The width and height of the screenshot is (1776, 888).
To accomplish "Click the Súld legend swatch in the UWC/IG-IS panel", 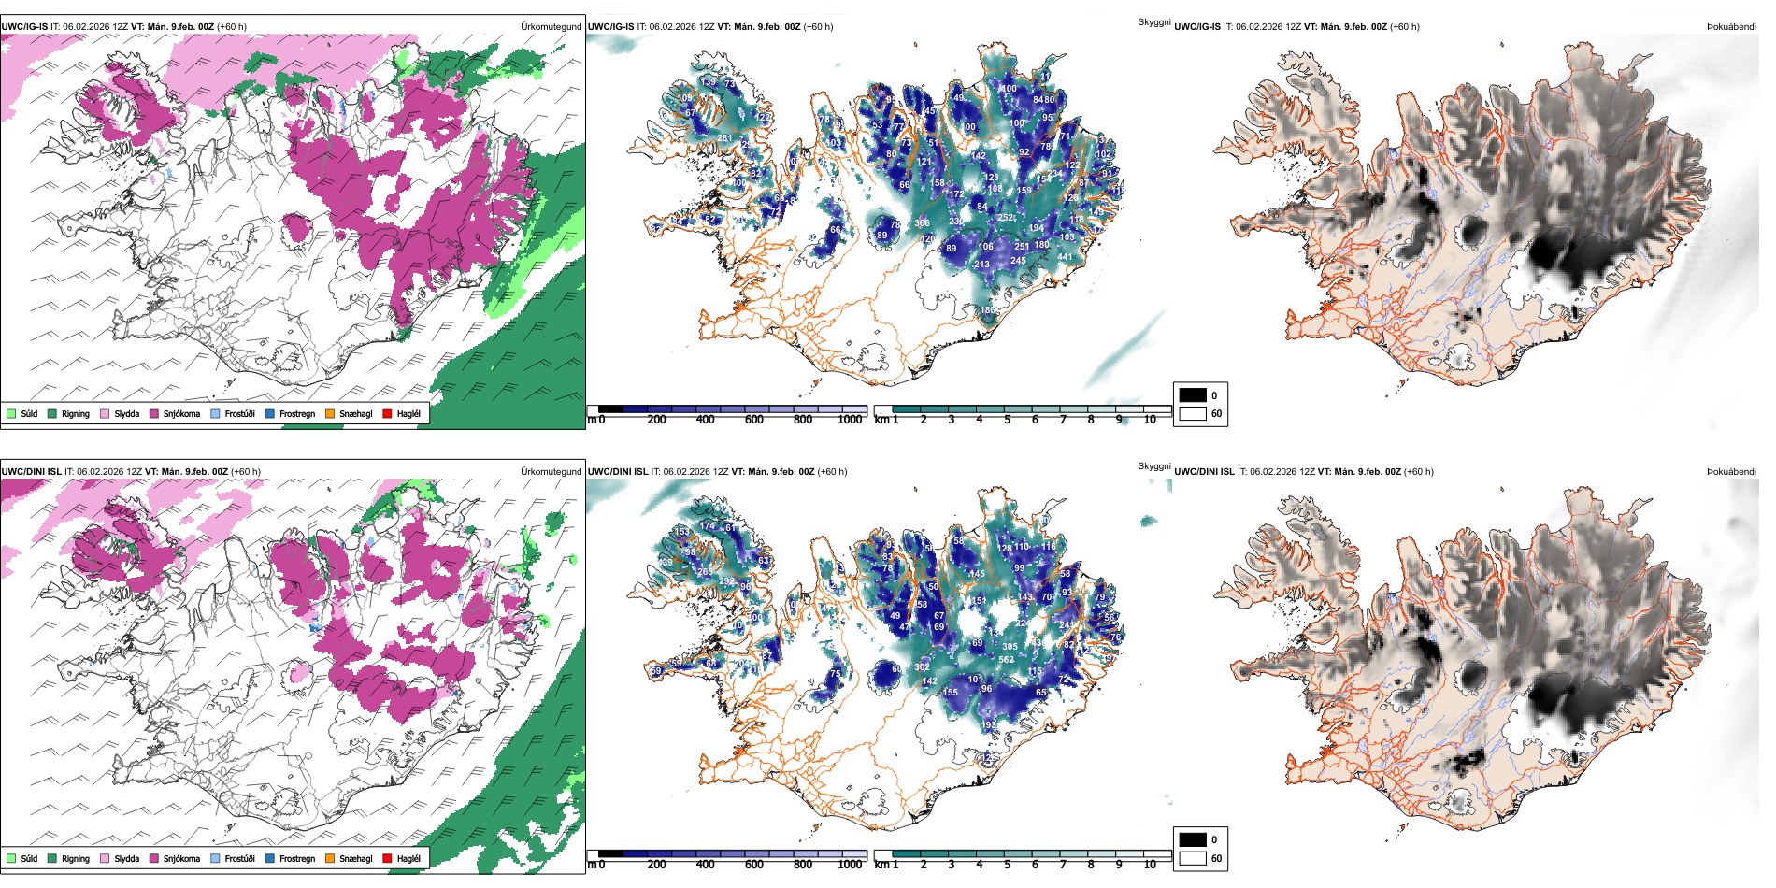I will tap(11, 413).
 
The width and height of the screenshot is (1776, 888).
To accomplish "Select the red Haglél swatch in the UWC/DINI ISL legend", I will tap(388, 858).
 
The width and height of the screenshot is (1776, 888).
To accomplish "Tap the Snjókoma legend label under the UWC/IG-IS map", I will tap(181, 413).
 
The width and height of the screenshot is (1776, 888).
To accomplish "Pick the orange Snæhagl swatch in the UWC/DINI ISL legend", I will tap(330, 858).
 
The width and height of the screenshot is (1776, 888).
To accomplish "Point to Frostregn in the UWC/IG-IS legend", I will tap(296, 413).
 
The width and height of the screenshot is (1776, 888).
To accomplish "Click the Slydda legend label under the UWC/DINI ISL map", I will tap(126, 858).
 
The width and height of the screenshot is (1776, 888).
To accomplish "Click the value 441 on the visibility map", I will tap(1065, 257).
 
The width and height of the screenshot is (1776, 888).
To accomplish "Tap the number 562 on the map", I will tap(1006, 660).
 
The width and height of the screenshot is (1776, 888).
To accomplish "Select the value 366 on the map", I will tap(922, 222).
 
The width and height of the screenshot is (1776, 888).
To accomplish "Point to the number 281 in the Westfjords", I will tap(724, 138).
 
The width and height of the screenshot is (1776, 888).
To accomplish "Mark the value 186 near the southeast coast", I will tap(987, 310).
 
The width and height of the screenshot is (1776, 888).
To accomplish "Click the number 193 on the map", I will tap(989, 725).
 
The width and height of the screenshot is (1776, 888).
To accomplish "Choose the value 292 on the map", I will tap(726, 582).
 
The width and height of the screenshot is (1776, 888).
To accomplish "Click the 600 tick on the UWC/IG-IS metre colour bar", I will tap(754, 420).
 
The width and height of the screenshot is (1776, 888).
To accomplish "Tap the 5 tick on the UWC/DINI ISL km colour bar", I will tap(1008, 865).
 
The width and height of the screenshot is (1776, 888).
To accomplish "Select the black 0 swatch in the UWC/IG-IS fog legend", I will tap(1193, 395).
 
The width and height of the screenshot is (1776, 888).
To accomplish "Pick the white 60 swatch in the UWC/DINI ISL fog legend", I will tap(1193, 858).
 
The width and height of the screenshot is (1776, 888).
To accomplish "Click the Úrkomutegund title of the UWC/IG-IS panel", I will tap(551, 27).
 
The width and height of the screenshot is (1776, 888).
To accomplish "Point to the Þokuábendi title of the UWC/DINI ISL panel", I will tap(1731, 472).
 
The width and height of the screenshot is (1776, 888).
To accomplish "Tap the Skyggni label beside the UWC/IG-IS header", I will tap(1153, 21).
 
